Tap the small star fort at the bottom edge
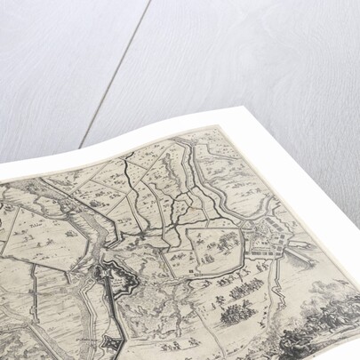(112, 344)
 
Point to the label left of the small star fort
(84, 336)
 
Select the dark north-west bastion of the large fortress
(105, 272)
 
